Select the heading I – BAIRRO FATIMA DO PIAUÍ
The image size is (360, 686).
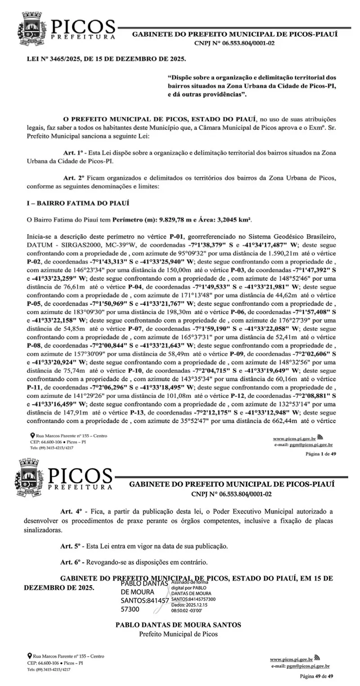(x=78, y=203)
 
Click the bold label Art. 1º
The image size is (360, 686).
(x=74, y=153)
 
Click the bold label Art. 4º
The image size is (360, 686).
(x=72, y=511)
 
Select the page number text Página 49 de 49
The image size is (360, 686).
(x=317, y=677)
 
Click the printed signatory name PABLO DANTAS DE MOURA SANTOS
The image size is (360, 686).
(x=178, y=625)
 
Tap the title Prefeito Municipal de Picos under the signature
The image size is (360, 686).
(x=178, y=634)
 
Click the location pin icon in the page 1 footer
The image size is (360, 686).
(x=32, y=436)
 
